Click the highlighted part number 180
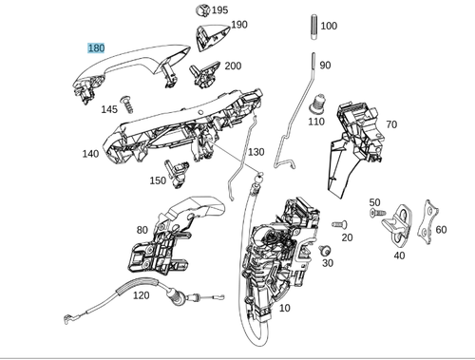96,47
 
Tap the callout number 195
219,10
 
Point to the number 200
233,66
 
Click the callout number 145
109,109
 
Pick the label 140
90,154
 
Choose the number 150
158,180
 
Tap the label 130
256,152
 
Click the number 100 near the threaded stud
329,26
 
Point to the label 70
391,124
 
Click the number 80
142,230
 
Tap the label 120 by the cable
141,295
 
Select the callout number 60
440,230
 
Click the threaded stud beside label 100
312,28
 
